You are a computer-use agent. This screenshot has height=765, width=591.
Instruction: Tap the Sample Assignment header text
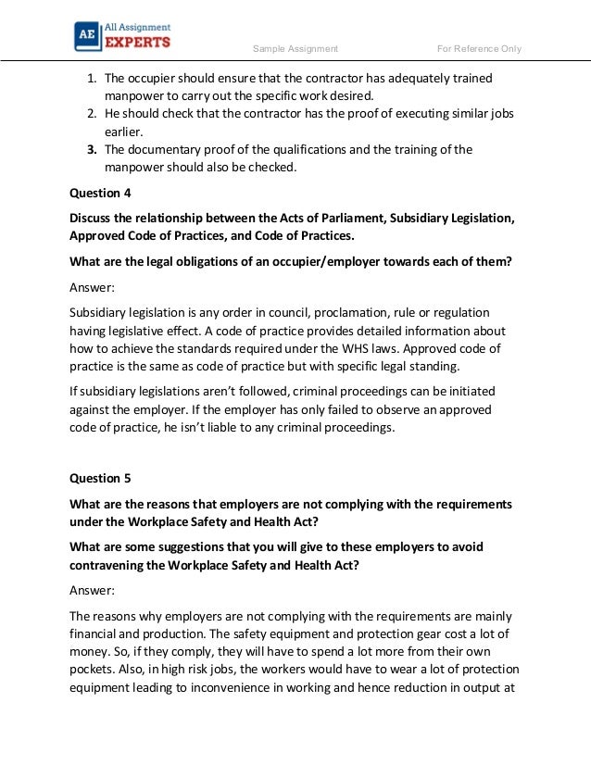point(295,48)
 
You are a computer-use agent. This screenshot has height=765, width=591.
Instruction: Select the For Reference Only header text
point(479,48)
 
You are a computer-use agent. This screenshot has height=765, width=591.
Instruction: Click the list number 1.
point(92,78)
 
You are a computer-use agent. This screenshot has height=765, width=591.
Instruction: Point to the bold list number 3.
point(92,149)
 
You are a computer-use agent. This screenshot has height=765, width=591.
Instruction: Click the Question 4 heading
point(101,193)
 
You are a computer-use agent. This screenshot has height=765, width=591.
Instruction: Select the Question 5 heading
point(101,478)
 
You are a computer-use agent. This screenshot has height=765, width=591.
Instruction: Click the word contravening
point(112,565)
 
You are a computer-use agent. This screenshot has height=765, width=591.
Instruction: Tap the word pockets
point(95,669)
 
